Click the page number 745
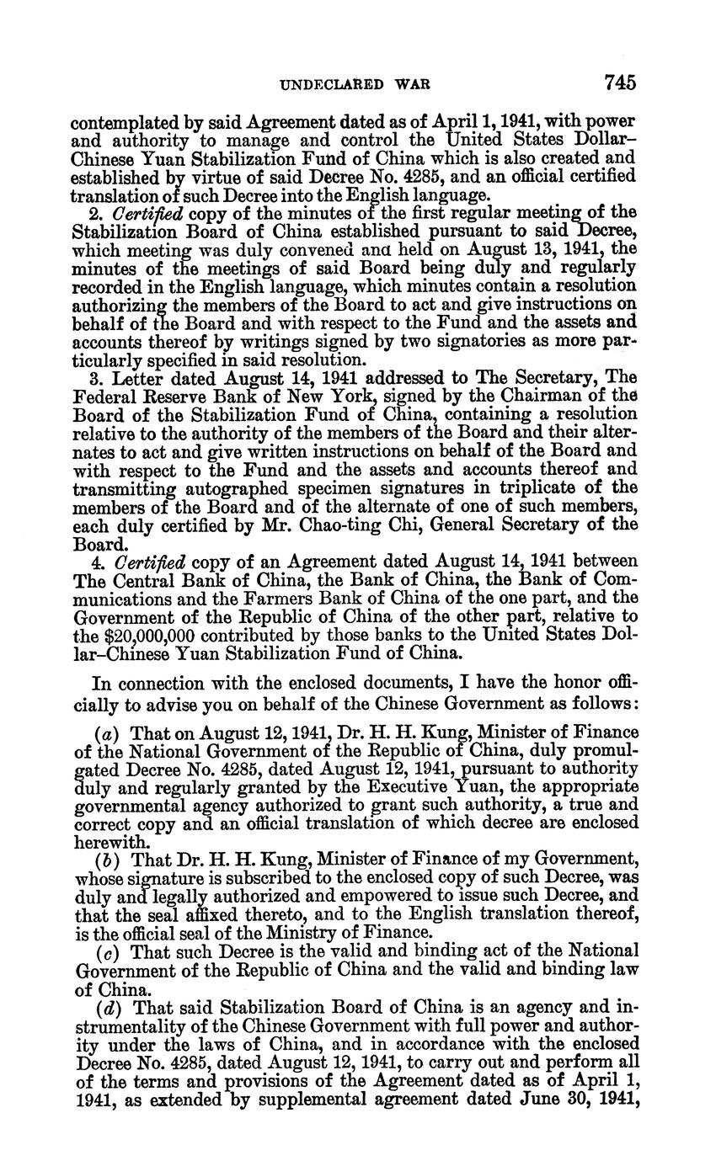click(x=619, y=83)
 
